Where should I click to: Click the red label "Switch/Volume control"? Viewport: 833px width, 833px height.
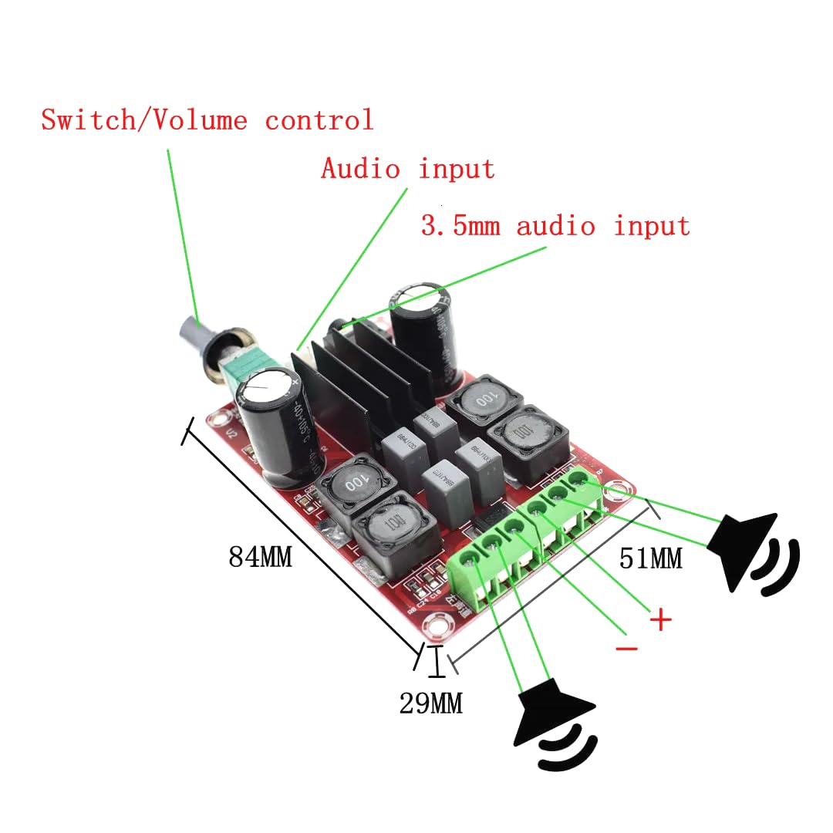point(207,120)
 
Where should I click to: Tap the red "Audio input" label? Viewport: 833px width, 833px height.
point(407,168)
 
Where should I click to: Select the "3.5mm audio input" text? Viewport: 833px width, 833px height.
point(555,226)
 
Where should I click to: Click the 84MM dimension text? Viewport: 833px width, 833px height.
point(260,557)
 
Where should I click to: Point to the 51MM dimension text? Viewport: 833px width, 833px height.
point(650,558)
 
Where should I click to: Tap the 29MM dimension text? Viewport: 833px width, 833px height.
point(430,703)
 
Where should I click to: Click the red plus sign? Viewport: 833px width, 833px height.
point(660,619)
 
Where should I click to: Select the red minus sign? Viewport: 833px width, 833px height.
point(626,649)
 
